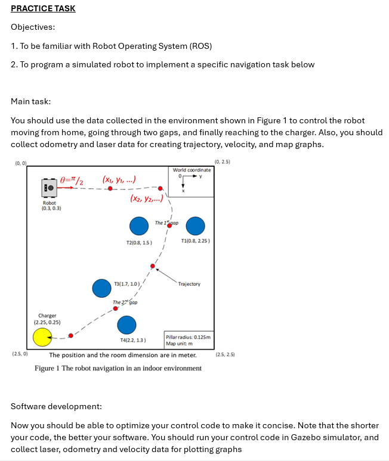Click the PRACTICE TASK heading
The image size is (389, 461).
43,8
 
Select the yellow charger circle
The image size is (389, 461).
42,337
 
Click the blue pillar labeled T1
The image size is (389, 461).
195,226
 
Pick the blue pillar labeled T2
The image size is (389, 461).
139,226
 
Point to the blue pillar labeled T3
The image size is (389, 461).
101,288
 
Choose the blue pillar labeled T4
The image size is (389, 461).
126,325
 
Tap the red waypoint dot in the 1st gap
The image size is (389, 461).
169,227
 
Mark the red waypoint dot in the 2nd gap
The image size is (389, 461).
116,309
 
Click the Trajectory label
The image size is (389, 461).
189,284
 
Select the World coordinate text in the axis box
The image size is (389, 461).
191,170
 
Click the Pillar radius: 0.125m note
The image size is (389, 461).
188,337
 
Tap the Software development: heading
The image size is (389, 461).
56,406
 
